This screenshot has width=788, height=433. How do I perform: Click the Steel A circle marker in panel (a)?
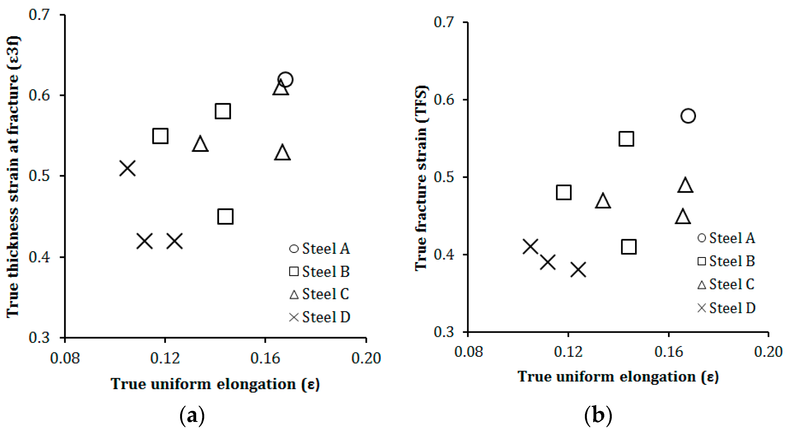[285, 80]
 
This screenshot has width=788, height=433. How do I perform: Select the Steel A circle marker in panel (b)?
[688, 116]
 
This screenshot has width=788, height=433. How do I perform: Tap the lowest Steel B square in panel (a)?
[226, 217]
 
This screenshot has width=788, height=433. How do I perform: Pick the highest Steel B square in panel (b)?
[626, 139]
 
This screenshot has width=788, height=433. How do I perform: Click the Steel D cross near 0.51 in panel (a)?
[127, 168]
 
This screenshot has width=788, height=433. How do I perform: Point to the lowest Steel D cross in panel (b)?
[579, 270]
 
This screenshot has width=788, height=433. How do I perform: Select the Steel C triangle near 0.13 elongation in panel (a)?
[200, 144]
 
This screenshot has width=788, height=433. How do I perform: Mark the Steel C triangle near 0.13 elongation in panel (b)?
[603, 201]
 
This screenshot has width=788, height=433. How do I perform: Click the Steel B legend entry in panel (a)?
[320, 271]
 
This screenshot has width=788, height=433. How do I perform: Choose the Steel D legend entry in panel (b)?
[726, 308]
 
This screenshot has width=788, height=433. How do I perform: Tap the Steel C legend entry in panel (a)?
[319, 294]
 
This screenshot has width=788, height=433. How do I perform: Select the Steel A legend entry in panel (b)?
[726, 238]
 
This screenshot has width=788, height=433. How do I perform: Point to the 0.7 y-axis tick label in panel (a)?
[39, 14]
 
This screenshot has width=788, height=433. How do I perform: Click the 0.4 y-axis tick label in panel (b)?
[444, 254]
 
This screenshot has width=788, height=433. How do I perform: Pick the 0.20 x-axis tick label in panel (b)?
[768, 352]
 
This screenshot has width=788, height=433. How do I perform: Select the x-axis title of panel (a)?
[215, 384]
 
